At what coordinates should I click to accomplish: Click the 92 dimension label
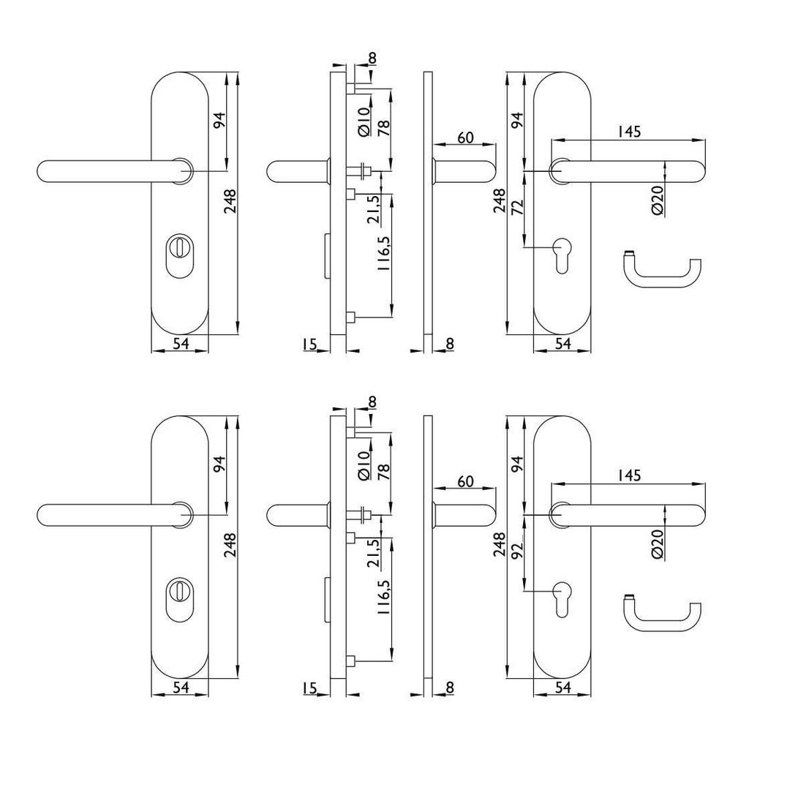click(x=518, y=552)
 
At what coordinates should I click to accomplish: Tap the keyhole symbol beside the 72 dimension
click(x=561, y=256)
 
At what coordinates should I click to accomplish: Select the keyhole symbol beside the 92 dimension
click(x=561, y=599)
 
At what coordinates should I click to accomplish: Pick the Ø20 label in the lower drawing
click(x=658, y=546)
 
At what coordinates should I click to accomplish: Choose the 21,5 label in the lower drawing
click(x=374, y=553)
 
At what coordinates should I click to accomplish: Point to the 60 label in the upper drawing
click(x=466, y=137)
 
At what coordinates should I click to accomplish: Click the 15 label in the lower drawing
click(x=309, y=688)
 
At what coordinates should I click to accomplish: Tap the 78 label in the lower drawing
click(x=384, y=471)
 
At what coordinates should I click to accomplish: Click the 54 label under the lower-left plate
click(x=181, y=687)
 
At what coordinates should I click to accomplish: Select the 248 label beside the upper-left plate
click(x=230, y=201)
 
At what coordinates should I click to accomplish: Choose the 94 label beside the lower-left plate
click(x=220, y=464)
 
